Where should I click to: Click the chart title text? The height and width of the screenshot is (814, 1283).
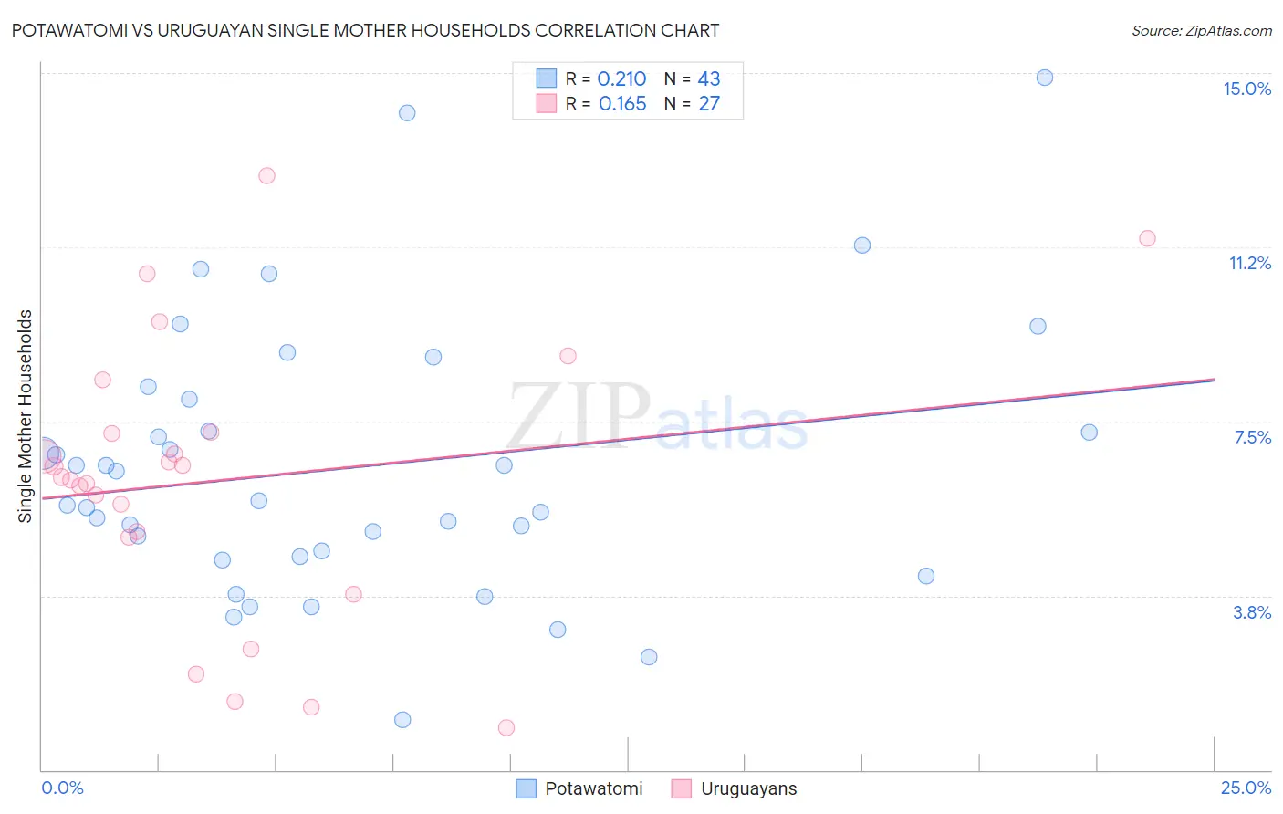coord(365,30)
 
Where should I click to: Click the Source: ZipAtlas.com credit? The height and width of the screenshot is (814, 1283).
coord(1201,30)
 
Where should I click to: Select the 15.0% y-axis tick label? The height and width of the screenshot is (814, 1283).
coord(1246,89)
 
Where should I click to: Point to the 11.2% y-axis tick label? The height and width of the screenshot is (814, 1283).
coord(1249,263)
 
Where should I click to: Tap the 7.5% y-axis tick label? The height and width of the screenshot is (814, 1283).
coord(1252,437)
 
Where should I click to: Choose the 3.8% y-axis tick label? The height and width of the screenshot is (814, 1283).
coord(1252,612)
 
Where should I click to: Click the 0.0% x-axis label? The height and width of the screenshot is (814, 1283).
coord(62,788)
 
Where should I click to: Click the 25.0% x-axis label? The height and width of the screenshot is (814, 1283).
coord(1246,788)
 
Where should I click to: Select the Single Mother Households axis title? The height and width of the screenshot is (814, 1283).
coord(26,416)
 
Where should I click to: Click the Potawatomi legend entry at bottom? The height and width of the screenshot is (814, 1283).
coord(593,788)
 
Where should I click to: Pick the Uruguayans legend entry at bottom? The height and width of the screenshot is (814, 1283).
coord(748,788)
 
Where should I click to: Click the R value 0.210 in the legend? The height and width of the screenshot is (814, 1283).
coord(621,79)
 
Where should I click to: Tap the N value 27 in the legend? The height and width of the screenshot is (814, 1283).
coord(709,104)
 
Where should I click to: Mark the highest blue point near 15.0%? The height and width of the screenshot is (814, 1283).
coord(1045,78)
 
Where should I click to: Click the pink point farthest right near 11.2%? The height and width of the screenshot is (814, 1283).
coord(1147,238)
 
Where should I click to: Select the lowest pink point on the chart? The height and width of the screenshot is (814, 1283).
coord(506,727)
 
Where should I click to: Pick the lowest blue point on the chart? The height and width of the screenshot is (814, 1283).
coord(402,719)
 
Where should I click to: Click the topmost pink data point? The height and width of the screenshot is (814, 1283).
coord(266,175)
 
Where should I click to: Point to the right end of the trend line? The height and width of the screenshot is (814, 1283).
coord(1214,379)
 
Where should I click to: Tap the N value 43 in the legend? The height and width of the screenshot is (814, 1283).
coord(709,79)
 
